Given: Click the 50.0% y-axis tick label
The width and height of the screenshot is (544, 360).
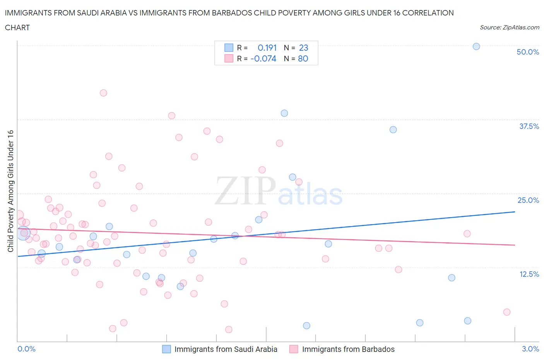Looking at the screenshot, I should point(528,52).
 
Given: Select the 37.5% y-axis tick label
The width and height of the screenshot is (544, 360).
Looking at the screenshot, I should point(529,126).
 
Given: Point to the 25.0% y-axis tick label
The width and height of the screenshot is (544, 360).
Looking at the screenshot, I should point(528,200).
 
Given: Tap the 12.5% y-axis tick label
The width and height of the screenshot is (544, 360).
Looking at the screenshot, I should point(529,274).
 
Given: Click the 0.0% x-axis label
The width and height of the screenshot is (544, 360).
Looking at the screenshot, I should point(26,349).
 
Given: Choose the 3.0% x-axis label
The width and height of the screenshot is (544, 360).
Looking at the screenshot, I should point(530,349).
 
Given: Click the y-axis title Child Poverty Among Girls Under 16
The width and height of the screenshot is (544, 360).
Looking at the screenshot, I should point(10,191).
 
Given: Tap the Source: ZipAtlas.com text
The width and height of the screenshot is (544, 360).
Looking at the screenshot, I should point(509,27).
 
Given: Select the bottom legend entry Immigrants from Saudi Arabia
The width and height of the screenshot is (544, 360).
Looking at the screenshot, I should point(220,349).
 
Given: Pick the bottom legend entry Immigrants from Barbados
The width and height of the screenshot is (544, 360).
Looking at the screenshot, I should point(342,349).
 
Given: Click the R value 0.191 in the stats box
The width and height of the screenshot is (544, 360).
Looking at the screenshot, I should point(267,48).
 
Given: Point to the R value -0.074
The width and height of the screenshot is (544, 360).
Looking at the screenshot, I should point(263,58).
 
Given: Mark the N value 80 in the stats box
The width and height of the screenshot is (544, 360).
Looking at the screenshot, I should point(303,58).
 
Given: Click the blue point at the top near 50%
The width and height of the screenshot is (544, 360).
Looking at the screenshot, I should point(476,46).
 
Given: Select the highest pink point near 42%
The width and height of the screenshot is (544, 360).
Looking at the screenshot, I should point(103,93).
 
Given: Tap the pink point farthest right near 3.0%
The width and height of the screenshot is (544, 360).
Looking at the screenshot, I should point(507,312).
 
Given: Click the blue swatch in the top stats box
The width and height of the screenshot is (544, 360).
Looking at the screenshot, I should point(229,48).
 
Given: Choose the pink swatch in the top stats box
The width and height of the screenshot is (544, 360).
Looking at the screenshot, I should point(229,58).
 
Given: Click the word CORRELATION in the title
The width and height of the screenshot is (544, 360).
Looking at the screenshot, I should point(428,13).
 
